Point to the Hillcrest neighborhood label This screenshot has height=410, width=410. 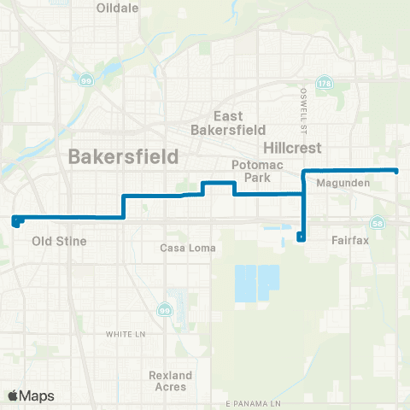click(292, 148)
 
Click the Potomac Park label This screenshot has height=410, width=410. click(251, 171)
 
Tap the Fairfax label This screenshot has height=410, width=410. click(349, 241)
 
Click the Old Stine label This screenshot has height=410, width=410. click(59, 242)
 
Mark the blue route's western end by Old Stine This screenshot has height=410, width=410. click(15, 220)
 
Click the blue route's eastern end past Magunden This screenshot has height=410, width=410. click(396, 171)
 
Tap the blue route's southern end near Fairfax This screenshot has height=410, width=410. click(300, 237)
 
